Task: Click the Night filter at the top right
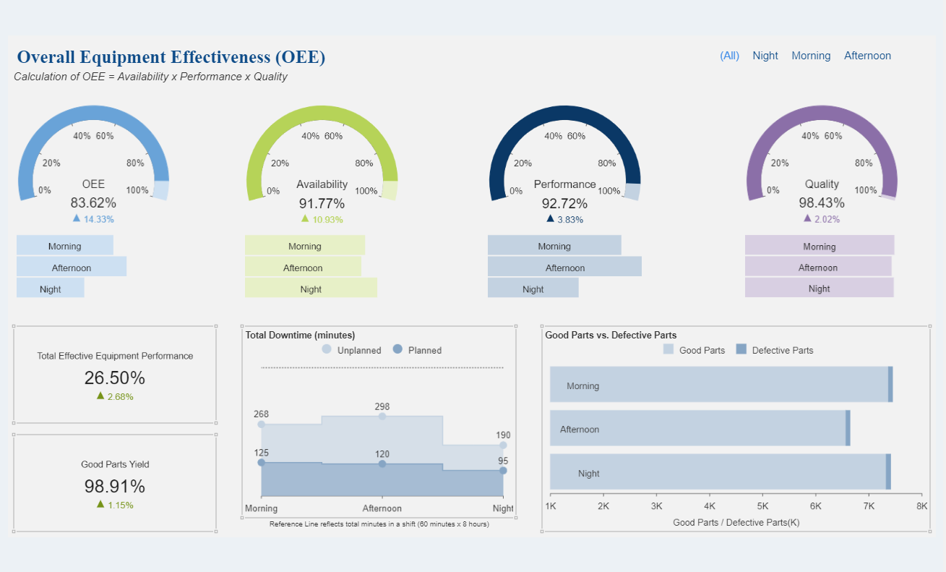(x=765, y=56)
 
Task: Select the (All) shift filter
(x=729, y=56)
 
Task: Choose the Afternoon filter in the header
(x=867, y=56)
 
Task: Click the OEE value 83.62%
(x=93, y=203)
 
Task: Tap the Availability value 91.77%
(x=322, y=203)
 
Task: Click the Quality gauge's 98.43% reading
(x=822, y=203)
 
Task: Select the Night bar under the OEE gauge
(x=51, y=289)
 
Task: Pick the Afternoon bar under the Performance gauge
(x=564, y=267)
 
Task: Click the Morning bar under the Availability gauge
(x=305, y=246)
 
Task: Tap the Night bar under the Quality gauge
(x=819, y=288)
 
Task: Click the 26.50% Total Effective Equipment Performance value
(x=115, y=377)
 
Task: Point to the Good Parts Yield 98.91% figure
(x=115, y=486)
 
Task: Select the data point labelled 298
(x=382, y=416)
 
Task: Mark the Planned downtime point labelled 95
(x=503, y=471)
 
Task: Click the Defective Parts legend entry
(x=774, y=350)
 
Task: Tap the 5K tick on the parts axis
(x=762, y=506)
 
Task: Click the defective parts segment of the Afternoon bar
(x=848, y=428)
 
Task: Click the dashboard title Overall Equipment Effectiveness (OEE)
(x=171, y=57)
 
